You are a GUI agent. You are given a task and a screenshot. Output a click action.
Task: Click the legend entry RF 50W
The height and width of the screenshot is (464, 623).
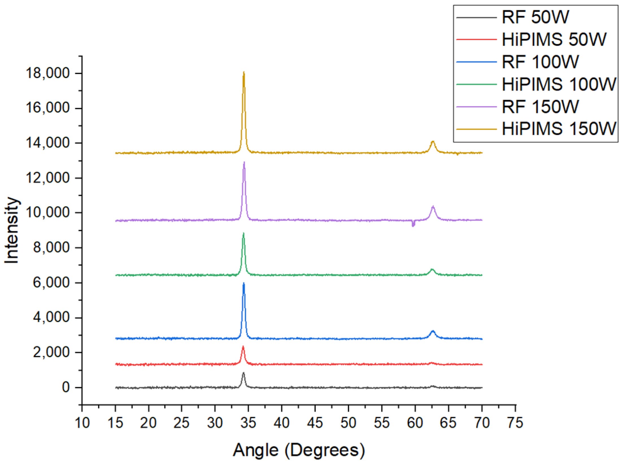point(535,17)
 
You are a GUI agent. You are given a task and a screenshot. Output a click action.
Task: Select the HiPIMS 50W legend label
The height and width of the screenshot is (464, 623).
point(554,40)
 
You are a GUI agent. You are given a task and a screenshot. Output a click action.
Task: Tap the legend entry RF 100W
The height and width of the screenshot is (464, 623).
point(540,62)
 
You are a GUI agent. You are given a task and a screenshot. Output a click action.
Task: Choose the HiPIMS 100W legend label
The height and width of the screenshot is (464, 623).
point(559,84)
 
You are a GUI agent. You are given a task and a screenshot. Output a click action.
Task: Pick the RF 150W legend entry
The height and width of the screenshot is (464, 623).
point(540,107)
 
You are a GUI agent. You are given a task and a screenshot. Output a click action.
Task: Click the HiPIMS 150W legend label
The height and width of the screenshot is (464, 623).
point(559,129)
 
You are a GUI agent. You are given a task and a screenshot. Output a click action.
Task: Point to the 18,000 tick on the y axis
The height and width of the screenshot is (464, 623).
point(47,73)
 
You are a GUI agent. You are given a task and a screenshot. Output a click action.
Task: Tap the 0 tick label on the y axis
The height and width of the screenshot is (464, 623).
point(66,387)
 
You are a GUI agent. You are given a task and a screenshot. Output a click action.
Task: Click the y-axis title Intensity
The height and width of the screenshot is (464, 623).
point(12,230)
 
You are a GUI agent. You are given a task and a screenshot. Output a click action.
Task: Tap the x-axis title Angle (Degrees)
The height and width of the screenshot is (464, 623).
point(299,450)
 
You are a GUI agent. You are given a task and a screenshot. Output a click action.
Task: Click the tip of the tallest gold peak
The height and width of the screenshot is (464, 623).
point(244,72)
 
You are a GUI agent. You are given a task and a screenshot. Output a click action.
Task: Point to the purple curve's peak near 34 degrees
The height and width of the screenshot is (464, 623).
point(244,162)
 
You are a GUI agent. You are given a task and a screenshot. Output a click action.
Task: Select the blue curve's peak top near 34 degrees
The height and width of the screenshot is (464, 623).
point(244,283)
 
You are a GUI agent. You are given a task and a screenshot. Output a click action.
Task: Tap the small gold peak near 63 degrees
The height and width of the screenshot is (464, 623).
point(433,141)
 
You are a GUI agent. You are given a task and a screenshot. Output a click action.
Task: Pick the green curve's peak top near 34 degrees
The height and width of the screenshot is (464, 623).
point(243,233)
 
